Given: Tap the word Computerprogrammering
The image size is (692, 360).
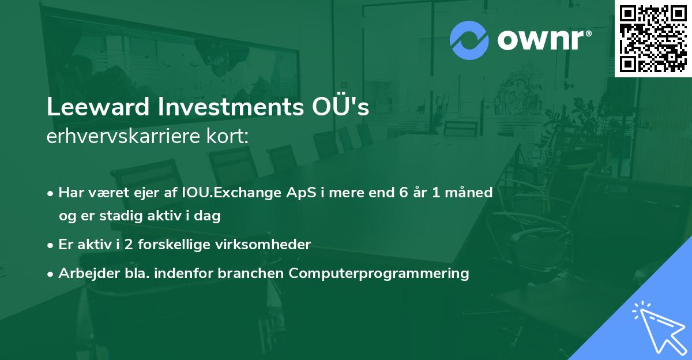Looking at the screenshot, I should pyautogui.click(x=379, y=273).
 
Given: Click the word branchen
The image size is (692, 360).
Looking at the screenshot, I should pyautogui.click(x=249, y=273).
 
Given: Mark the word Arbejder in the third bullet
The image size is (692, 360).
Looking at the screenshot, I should pyautogui.click(x=83, y=273).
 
